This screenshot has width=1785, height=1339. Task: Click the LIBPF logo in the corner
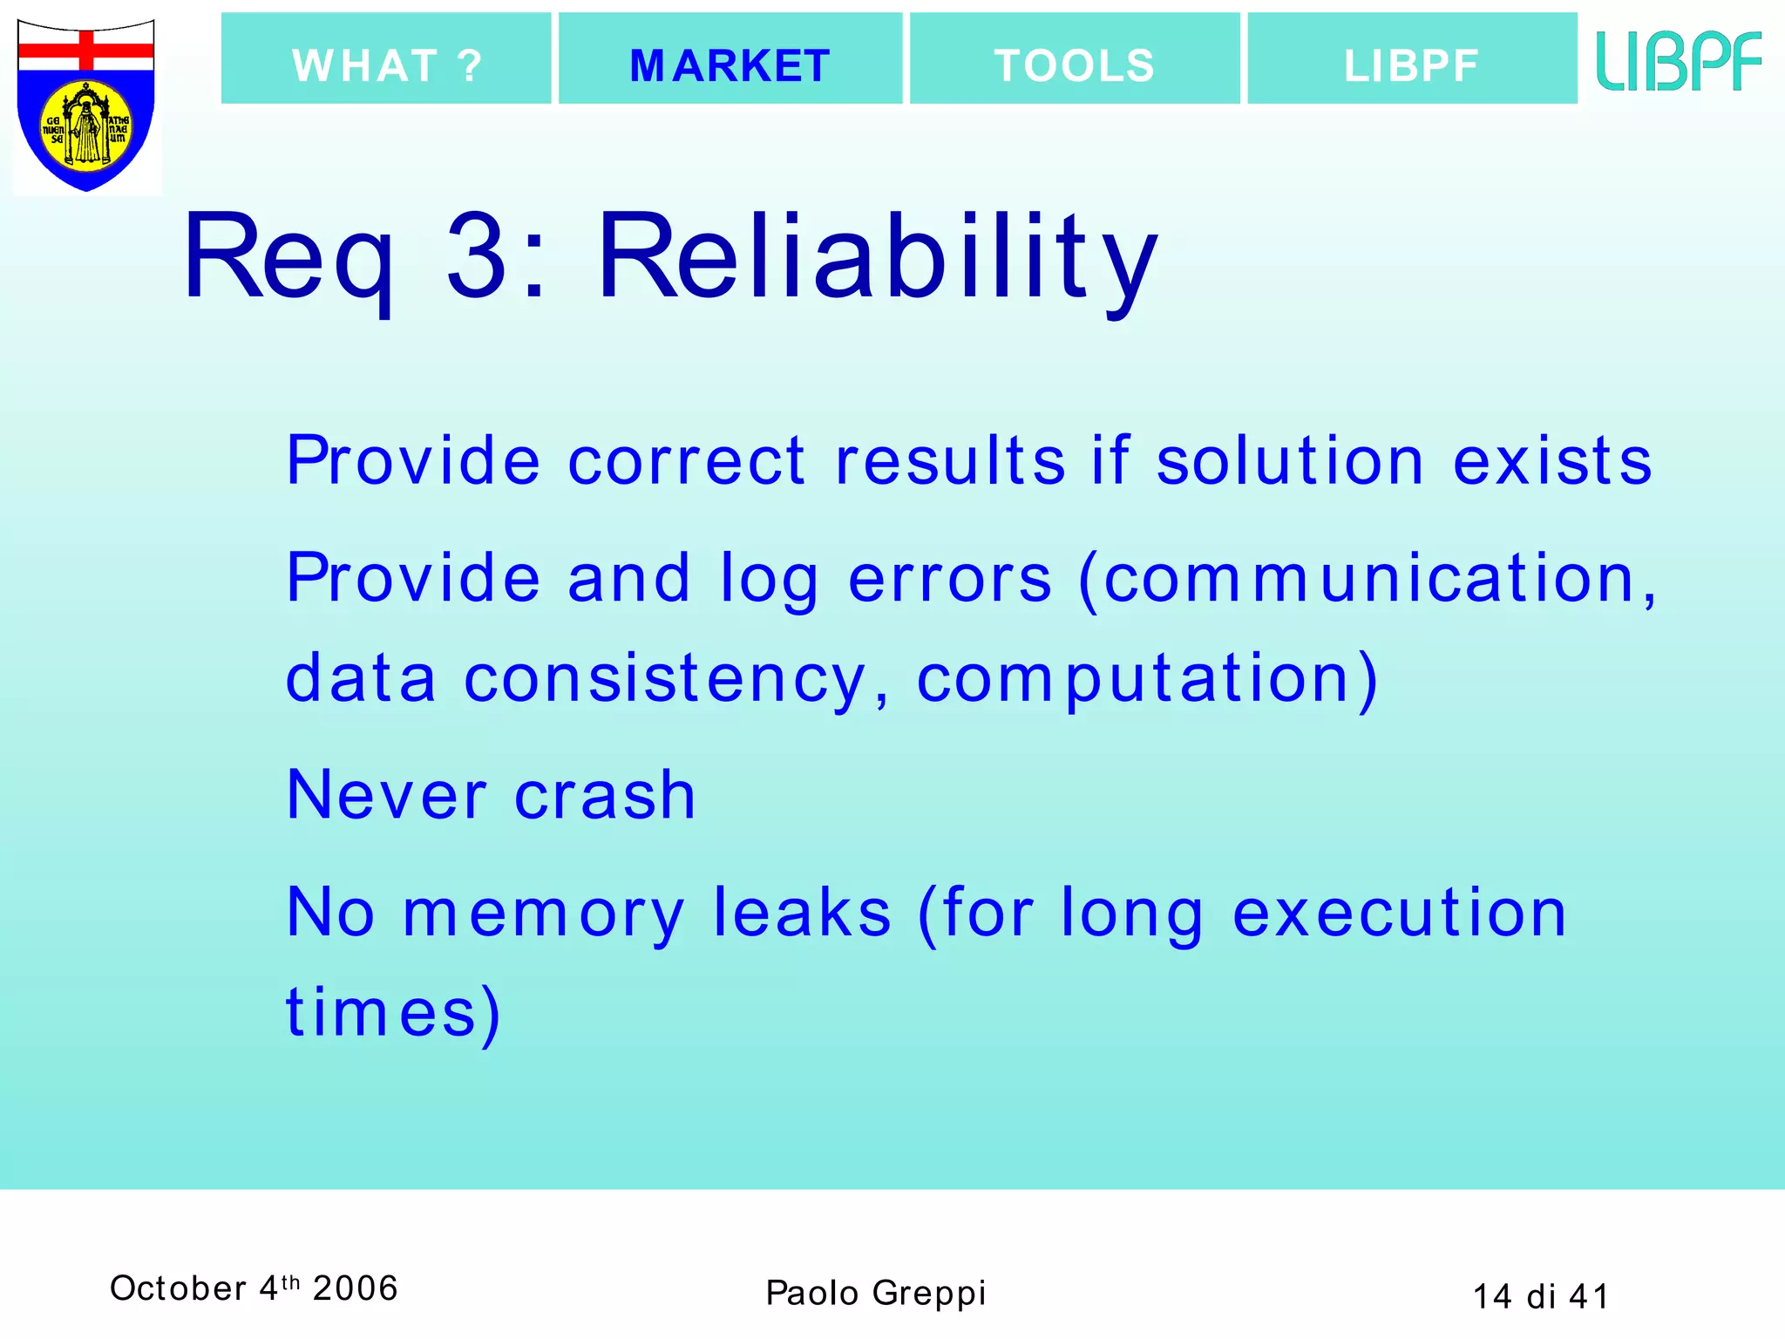[x=1678, y=61]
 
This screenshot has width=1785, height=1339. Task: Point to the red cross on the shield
[x=86, y=50]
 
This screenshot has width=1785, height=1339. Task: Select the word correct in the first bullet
[x=686, y=461]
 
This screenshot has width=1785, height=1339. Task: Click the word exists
[x=1552, y=461]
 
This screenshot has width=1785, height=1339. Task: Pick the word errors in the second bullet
[x=950, y=579]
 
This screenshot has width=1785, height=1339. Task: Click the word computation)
[x=1147, y=680]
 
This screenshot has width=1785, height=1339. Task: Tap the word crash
[x=605, y=795]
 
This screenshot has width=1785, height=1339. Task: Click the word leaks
[x=802, y=913]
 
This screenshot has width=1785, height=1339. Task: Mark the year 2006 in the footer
[x=355, y=1288]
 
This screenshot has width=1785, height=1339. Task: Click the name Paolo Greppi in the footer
[x=875, y=1293]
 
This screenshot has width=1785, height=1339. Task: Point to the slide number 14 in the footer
[x=1491, y=1296]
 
